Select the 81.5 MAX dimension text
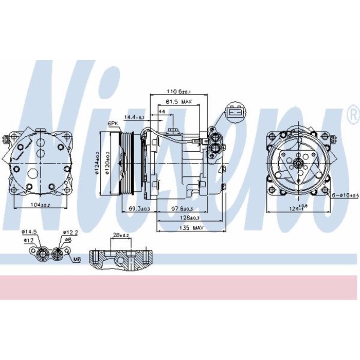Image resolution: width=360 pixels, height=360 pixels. pyautogui.click(x=180, y=102)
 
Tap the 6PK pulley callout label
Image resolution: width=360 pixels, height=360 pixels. pyautogui.click(x=112, y=124)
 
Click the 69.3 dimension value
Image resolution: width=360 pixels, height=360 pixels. pyautogui.click(x=139, y=208)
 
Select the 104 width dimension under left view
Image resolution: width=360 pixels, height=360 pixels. pyautogui.click(x=38, y=205)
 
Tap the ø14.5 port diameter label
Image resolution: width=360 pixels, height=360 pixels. pyautogui.click(x=29, y=232)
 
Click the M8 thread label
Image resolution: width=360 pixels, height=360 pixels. pyautogui.click(x=77, y=260)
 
